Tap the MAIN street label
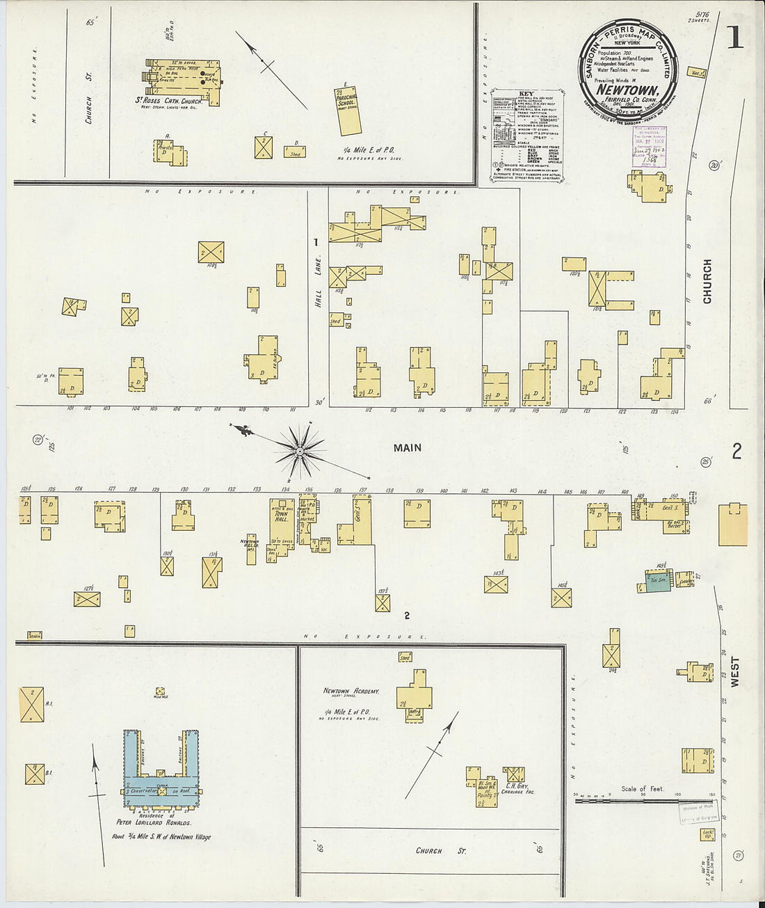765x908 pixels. (x=408, y=448)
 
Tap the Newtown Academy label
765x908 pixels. (x=351, y=691)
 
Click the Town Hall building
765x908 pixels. (x=282, y=525)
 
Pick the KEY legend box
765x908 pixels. (x=526, y=134)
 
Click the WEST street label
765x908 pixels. (x=735, y=672)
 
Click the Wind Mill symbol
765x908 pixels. (x=161, y=692)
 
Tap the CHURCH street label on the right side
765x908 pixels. (x=707, y=281)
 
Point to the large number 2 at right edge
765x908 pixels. (x=736, y=452)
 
